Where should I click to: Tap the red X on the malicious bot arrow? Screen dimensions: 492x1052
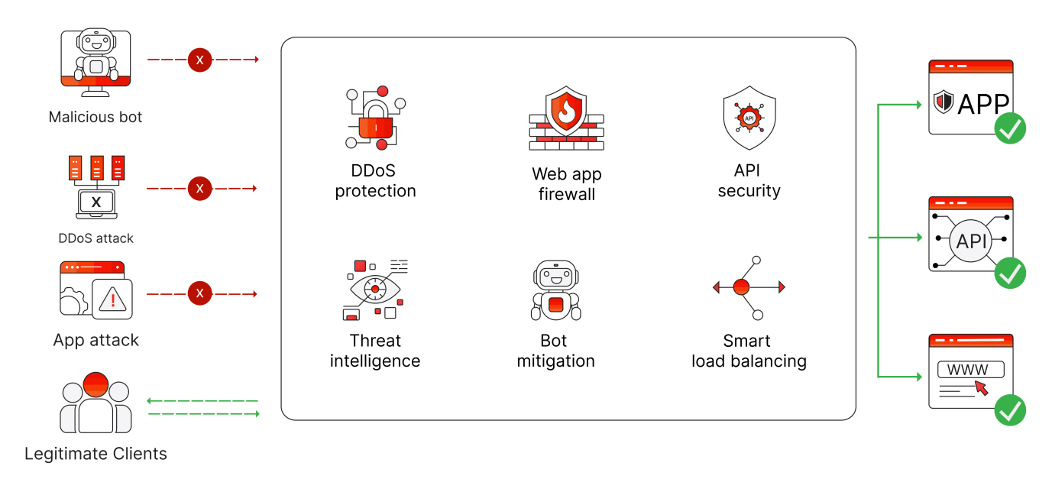(200, 60)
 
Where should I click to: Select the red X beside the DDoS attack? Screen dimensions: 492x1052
(200, 188)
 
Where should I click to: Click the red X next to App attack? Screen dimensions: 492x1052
(200, 294)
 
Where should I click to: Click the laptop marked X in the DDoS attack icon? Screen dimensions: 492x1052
(95, 203)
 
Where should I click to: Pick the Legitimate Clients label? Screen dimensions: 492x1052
(95, 454)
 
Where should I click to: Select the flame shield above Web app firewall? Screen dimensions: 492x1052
(566, 112)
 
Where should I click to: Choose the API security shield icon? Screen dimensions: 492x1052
(749, 118)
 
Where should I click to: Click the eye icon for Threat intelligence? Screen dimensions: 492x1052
(374, 290)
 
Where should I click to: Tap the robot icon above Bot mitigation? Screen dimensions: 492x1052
(555, 290)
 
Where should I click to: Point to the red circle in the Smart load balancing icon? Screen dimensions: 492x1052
(740, 287)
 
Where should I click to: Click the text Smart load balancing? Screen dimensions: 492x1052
(749, 351)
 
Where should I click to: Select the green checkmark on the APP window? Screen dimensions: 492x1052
(1010, 128)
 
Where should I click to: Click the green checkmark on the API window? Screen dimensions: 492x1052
(1010, 273)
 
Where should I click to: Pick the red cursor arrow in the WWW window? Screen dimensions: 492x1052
(981, 388)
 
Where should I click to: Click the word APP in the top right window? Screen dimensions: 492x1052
(983, 103)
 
